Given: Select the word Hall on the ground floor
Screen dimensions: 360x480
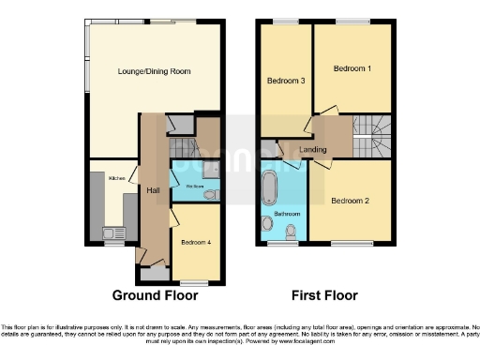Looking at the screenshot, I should click(x=152, y=190).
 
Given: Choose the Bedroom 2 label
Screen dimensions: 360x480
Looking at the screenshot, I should click(x=349, y=200).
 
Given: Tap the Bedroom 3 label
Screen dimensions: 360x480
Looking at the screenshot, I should click(x=285, y=81).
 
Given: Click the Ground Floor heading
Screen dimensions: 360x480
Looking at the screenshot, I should click(x=155, y=295).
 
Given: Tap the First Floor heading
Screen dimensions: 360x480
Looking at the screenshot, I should click(x=324, y=295).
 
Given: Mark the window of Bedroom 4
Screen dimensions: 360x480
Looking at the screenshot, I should click(x=194, y=280).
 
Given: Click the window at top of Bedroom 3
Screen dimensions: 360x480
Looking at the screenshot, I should click(x=285, y=21).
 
